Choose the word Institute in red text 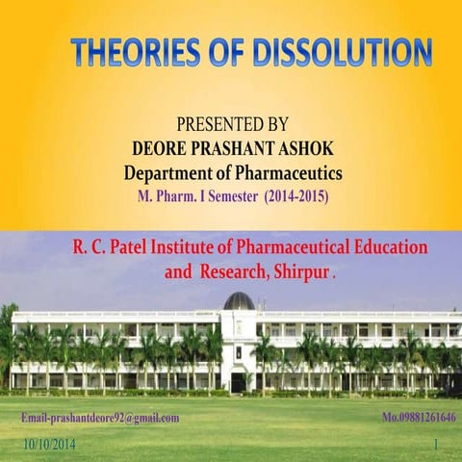[x=208, y=246]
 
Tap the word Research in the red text [x=235, y=271]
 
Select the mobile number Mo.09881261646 [x=419, y=418]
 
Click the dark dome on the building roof [x=238, y=300]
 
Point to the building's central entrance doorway [x=238, y=381]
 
